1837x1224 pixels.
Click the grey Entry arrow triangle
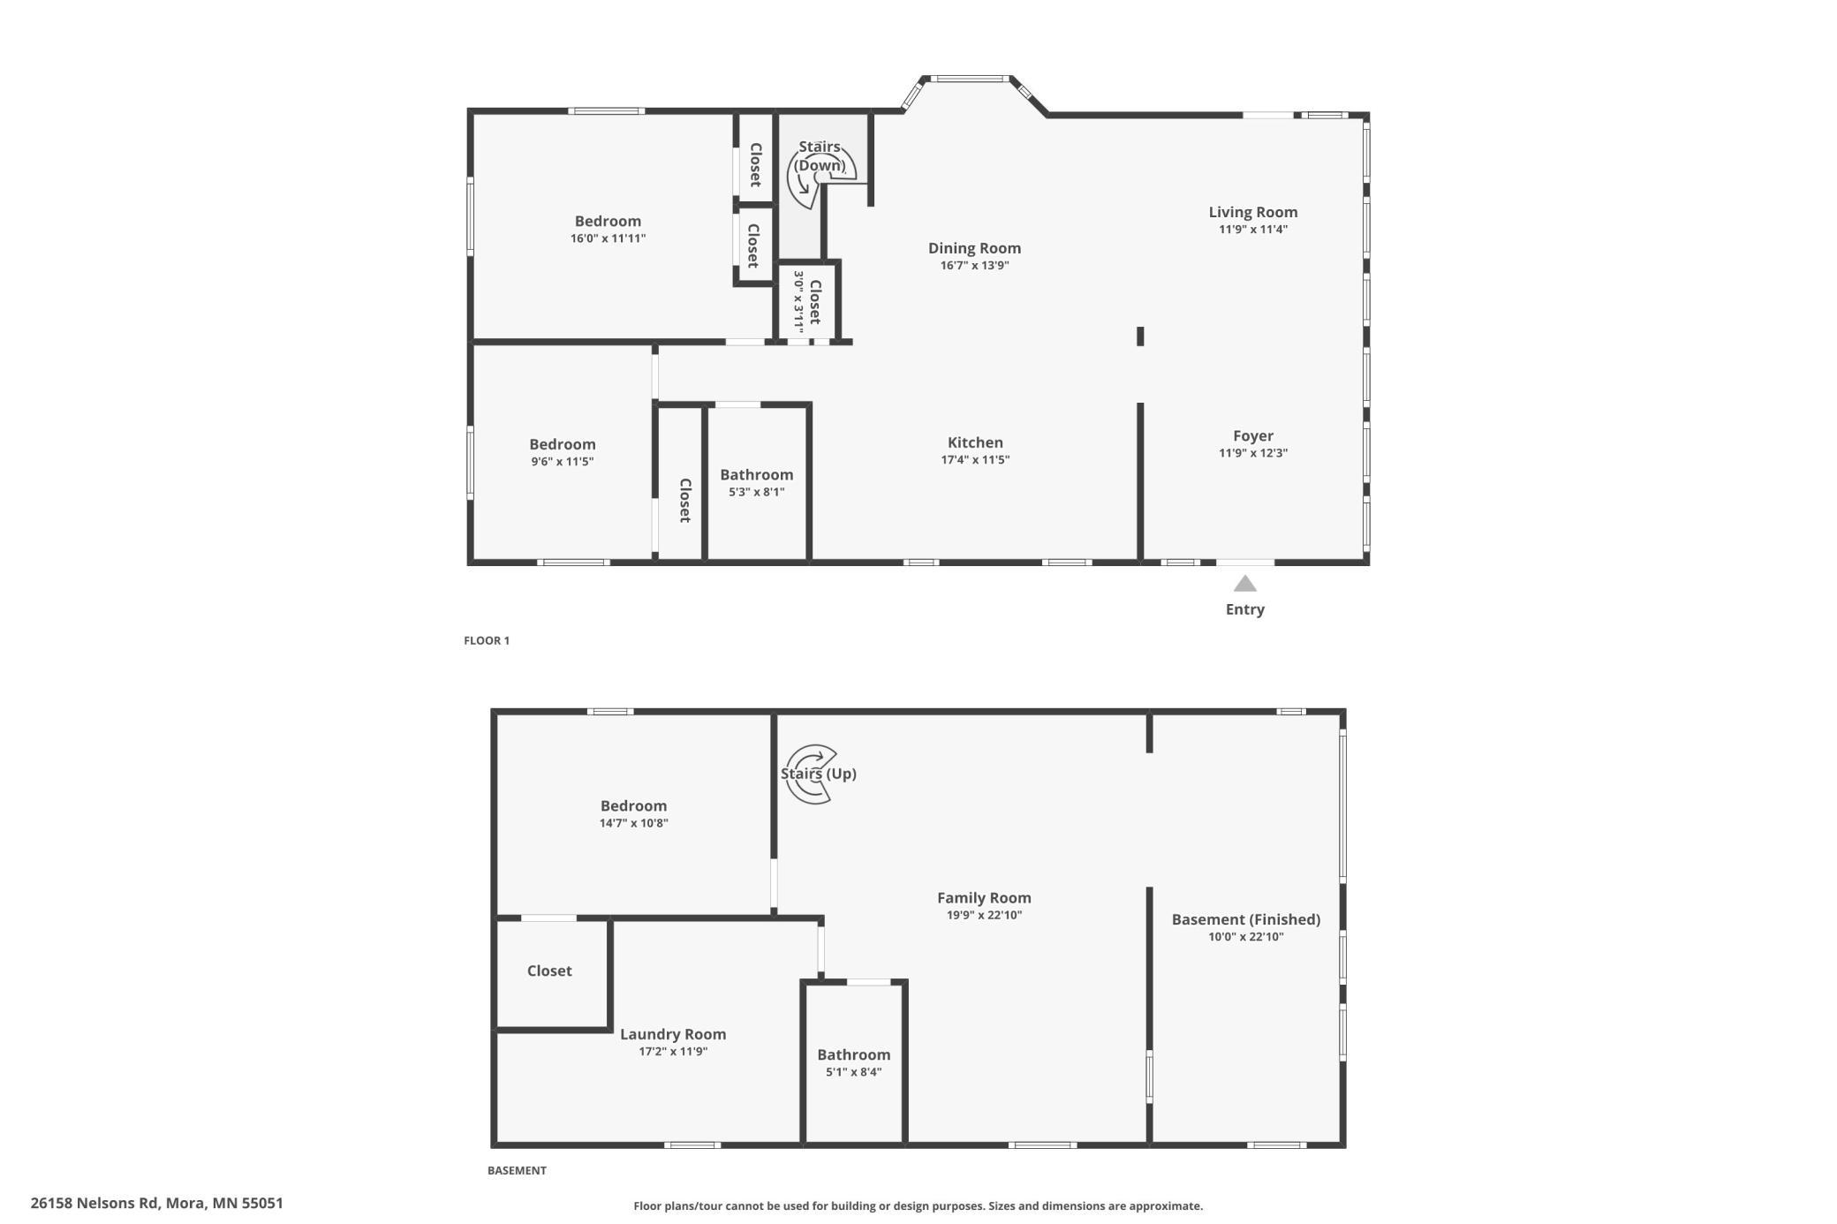[1244, 584]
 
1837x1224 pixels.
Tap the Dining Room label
[974, 248]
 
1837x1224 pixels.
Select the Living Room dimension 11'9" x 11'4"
[1253, 230]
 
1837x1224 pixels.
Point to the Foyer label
[1253, 435]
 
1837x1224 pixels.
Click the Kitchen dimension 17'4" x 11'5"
[975, 459]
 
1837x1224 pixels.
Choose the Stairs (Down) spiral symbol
[821, 177]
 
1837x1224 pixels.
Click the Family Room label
[984, 897]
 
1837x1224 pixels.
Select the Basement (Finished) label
[1246, 919]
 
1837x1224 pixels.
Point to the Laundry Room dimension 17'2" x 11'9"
[673, 1051]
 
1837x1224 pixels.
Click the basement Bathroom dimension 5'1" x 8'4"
[853, 1072]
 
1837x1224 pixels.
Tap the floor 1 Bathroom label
[756, 474]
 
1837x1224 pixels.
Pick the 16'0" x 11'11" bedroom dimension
[608, 238]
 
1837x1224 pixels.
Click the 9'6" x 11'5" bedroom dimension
[562, 461]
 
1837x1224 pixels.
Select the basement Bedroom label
[633, 805]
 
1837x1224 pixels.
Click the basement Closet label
[549, 971]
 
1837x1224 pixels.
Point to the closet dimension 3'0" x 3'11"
[799, 300]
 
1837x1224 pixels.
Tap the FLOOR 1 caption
[487, 640]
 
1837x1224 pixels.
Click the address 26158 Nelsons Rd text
[94, 1203]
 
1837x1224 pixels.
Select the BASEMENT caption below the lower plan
[517, 1170]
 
